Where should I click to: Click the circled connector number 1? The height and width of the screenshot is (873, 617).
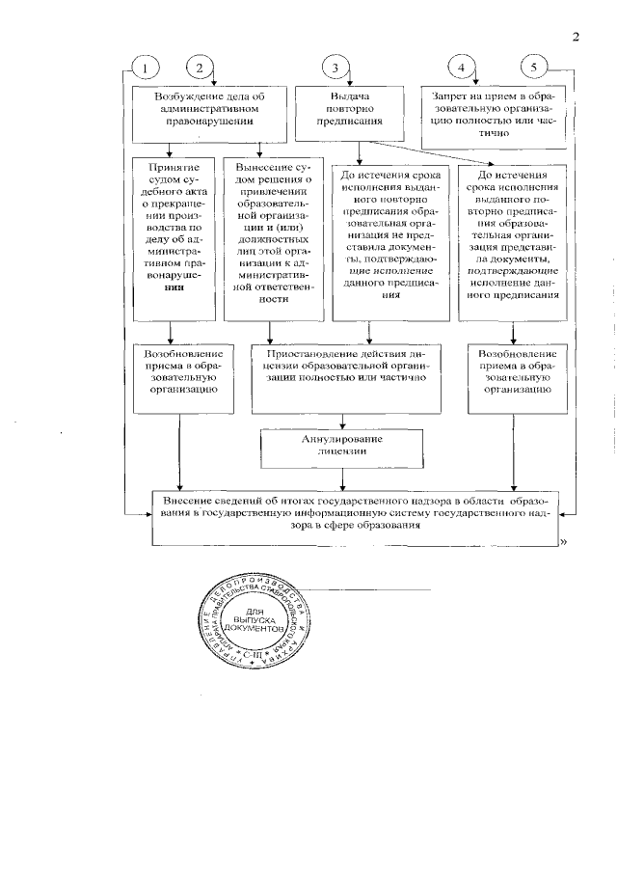click(x=146, y=68)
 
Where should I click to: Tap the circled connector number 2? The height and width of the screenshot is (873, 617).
click(x=199, y=68)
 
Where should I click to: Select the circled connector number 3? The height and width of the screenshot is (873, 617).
click(x=335, y=68)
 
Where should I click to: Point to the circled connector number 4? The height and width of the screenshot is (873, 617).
click(x=462, y=68)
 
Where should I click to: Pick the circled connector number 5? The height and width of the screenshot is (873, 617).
click(x=535, y=68)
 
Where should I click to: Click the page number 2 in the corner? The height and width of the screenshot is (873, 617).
click(x=576, y=38)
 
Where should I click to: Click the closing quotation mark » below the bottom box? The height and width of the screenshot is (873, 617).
click(x=561, y=546)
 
